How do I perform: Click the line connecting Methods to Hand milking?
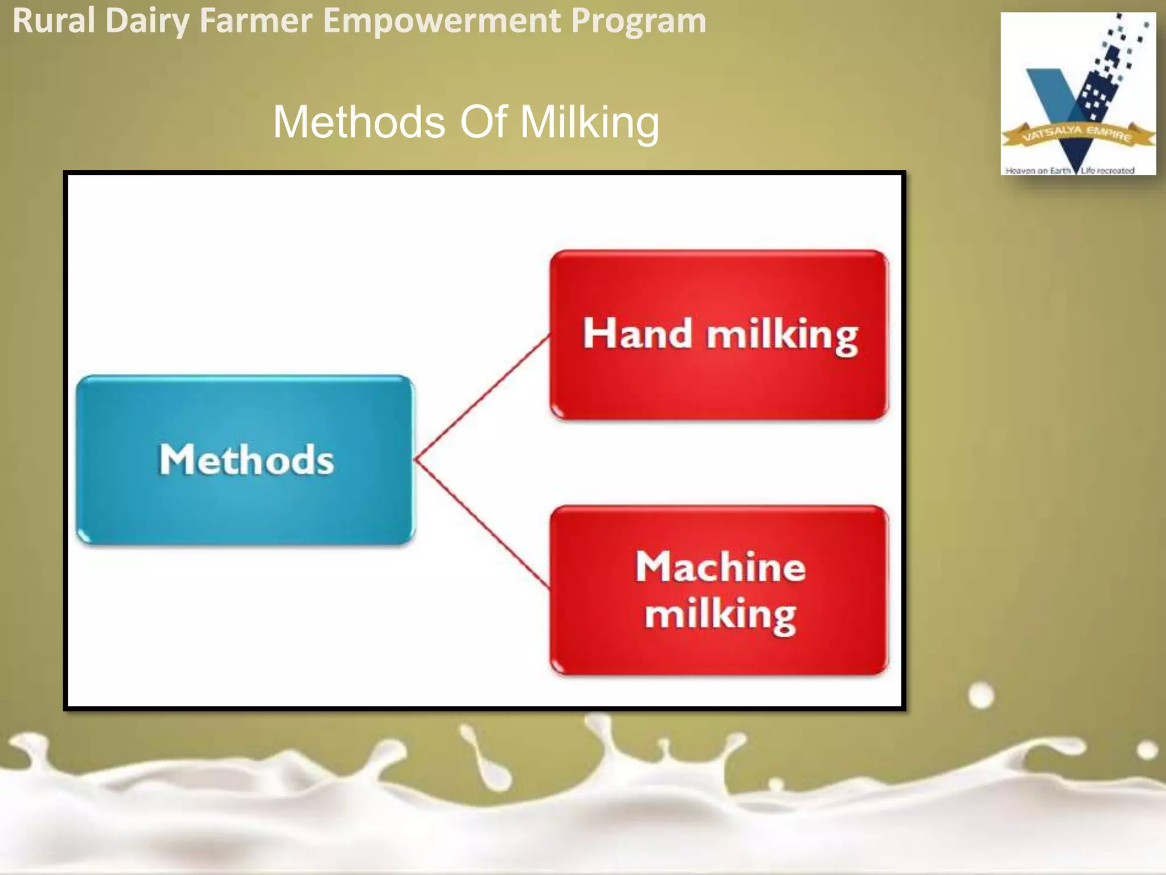(483, 397)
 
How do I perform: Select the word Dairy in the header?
(147, 22)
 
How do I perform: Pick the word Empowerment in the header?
(441, 22)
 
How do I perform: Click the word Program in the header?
(638, 22)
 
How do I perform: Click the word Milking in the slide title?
(589, 122)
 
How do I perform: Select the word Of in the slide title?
(483, 122)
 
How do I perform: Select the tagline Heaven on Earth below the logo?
(1037, 170)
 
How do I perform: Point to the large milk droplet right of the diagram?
(980, 696)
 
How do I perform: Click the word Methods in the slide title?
(359, 122)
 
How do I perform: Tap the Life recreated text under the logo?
(1107, 170)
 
